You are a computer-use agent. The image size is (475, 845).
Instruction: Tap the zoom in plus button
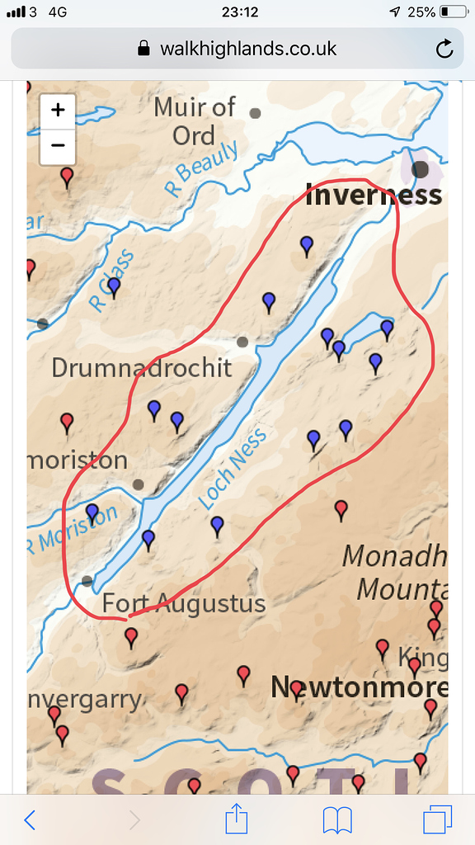tap(58, 111)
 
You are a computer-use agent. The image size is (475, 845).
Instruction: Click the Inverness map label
tap(374, 196)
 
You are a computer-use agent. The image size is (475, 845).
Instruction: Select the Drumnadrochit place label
tap(142, 368)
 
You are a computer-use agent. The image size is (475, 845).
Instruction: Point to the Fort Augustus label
tap(183, 603)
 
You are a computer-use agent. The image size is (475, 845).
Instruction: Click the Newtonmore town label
tap(359, 687)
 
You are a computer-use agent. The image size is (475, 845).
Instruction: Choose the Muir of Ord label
tap(195, 121)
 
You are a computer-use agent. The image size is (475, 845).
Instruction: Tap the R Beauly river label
tap(202, 168)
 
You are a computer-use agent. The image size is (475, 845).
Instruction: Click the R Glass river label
tap(111, 281)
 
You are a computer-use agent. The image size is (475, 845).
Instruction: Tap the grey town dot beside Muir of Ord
tap(256, 113)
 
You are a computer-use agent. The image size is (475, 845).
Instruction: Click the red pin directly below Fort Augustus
tap(131, 637)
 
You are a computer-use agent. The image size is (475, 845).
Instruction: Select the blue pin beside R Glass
tap(114, 286)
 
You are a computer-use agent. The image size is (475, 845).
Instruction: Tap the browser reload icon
tap(444, 49)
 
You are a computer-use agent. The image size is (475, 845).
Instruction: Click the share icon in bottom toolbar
tap(237, 819)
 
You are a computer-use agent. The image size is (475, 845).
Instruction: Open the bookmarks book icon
tap(338, 819)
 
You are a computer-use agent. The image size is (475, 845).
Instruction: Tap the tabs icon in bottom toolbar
tap(438, 819)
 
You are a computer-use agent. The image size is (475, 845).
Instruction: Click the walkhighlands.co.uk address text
tap(247, 49)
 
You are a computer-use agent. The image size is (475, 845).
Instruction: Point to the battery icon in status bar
tap(453, 12)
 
